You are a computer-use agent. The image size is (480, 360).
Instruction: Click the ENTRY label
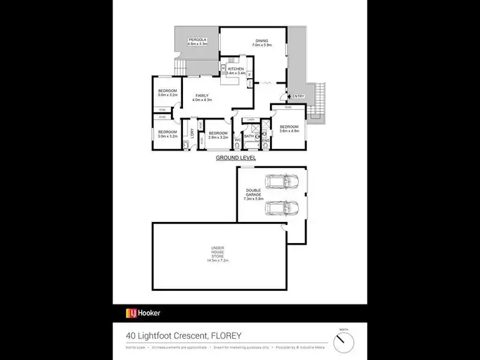click(x=298, y=97)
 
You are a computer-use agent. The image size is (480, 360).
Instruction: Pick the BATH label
click(x=248, y=136)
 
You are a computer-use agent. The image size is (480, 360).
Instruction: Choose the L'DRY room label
click(x=192, y=133)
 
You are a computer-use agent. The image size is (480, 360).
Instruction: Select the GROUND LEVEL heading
click(x=236, y=157)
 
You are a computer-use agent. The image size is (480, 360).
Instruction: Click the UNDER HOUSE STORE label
click(x=218, y=254)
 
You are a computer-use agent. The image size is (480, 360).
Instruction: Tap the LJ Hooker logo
click(x=143, y=313)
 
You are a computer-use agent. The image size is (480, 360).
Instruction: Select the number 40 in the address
click(x=129, y=334)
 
